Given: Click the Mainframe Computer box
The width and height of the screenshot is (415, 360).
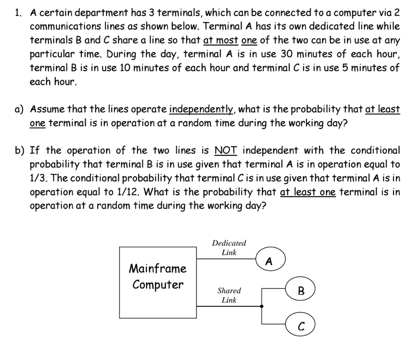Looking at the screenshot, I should click(x=158, y=282).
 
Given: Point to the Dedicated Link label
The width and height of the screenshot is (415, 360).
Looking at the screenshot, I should click(x=229, y=248).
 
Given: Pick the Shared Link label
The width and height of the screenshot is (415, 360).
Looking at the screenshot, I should click(x=229, y=295).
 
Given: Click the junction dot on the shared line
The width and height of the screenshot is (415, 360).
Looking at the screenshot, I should click(x=262, y=306).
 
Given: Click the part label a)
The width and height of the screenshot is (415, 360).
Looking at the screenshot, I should click(x=19, y=109).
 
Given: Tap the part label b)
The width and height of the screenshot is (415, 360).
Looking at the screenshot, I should click(x=19, y=151).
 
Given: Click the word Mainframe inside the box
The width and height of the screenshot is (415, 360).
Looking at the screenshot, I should click(x=158, y=268).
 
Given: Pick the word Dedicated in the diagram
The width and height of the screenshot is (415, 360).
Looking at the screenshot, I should click(x=229, y=243).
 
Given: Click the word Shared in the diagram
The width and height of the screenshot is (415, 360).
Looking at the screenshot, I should click(x=229, y=291).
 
